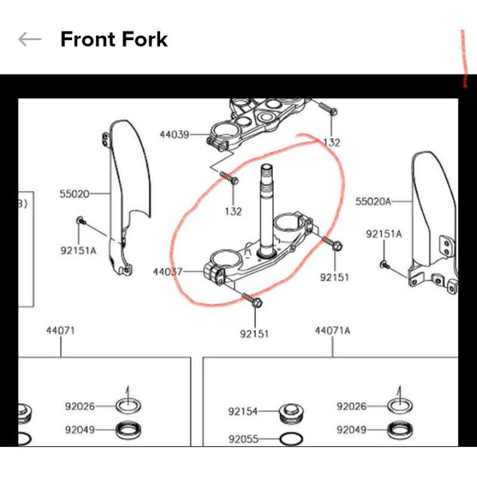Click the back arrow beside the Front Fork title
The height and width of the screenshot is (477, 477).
(x=30, y=39)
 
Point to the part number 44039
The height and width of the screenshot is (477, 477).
(x=174, y=134)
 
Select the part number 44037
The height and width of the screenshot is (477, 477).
(x=168, y=271)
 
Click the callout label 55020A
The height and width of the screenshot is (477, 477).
(x=373, y=201)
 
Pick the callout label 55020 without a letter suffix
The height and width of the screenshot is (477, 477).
(x=74, y=194)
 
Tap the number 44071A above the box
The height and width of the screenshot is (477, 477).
(x=332, y=330)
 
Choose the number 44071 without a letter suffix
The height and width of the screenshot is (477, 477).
(x=60, y=330)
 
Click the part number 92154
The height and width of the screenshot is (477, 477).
(x=242, y=411)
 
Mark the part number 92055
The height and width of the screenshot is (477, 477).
(x=243, y=439)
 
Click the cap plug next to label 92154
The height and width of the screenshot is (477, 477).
(x=292, y=413)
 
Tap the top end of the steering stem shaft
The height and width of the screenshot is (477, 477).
(x=267, y=167)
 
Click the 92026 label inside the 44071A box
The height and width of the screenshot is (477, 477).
(x=352, y=406)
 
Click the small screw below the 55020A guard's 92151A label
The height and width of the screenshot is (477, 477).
(x=384, y=265)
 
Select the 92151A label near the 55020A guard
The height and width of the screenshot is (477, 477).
(x=384, y=234)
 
